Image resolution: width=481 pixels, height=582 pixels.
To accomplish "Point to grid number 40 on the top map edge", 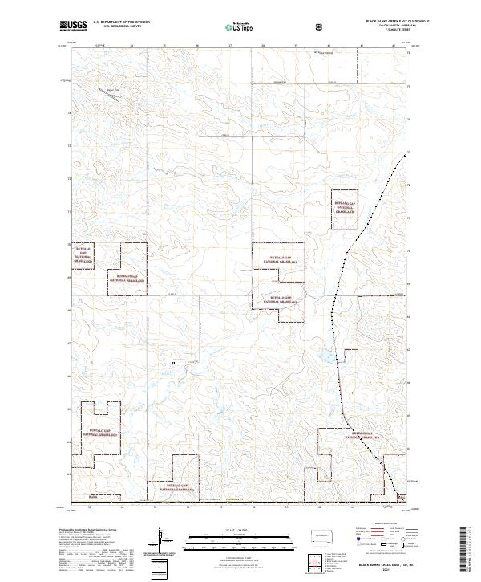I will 329,46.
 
